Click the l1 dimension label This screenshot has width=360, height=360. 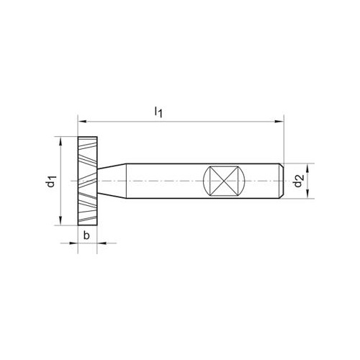158,112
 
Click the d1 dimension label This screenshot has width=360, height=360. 51,181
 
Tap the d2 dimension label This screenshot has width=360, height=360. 298,181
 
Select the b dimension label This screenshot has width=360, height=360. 86,235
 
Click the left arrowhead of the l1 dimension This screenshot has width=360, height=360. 82,122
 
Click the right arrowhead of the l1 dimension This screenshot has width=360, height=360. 279,122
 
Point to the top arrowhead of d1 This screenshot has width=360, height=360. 60,141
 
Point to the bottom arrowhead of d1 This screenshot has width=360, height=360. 60,221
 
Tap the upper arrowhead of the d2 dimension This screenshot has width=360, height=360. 308,168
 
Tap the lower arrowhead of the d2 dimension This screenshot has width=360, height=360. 308,194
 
